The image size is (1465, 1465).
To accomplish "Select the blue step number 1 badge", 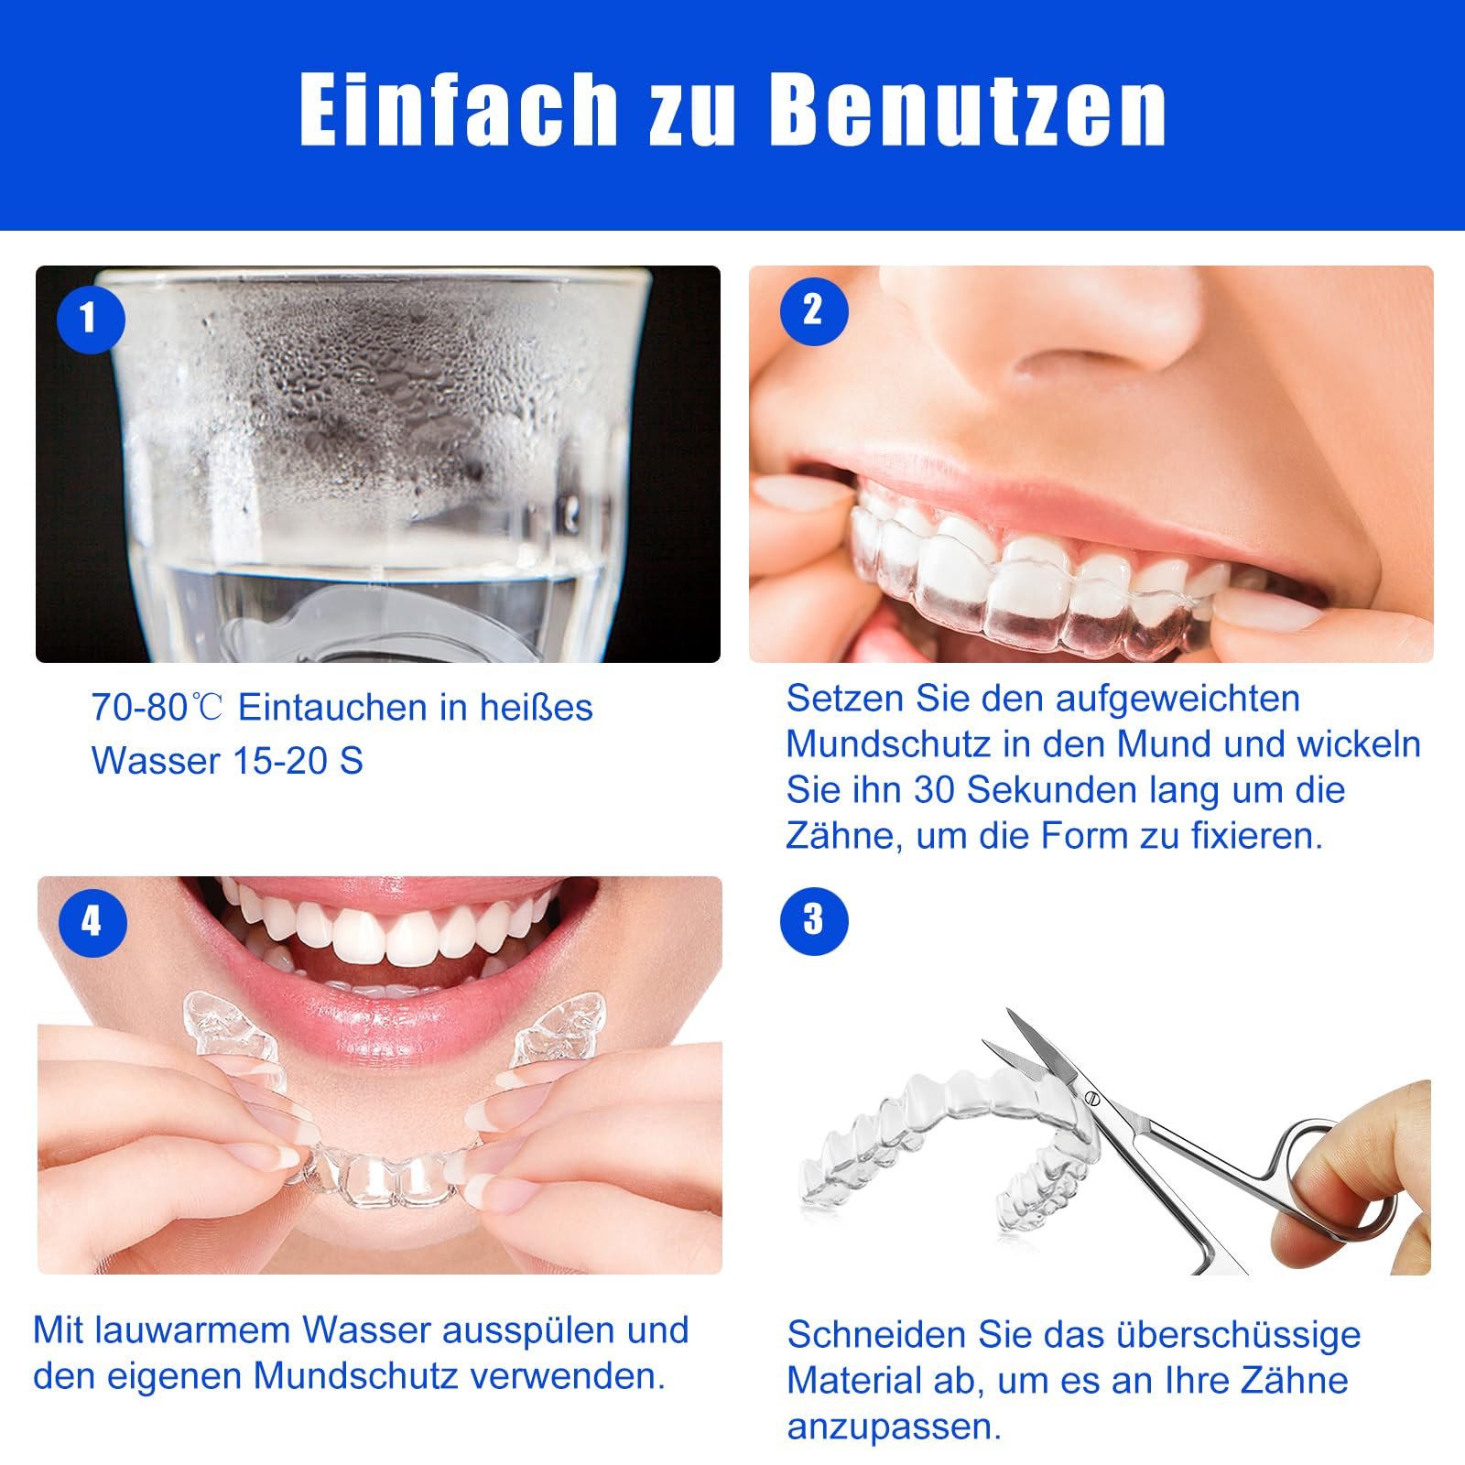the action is (90, 319).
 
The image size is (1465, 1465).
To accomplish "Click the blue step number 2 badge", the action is (814, 310).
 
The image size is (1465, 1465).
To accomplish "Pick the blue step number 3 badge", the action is (814, 920).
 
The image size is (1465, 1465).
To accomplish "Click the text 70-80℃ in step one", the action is (157, 708).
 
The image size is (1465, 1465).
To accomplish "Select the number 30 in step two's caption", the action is (935, 790).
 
